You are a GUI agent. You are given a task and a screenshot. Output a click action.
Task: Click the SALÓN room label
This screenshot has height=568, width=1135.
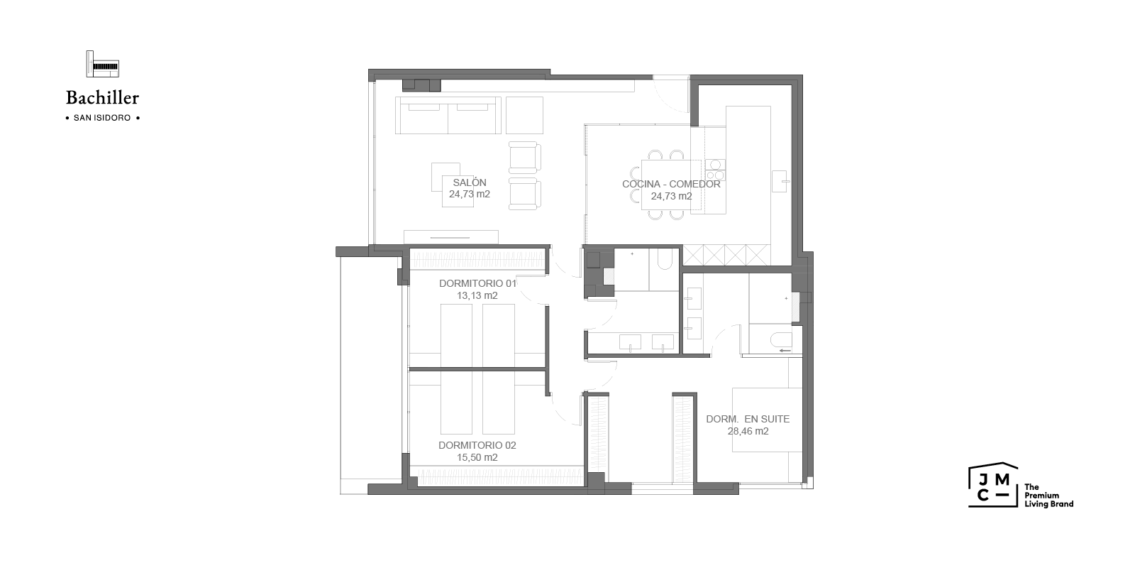tap(470, 182)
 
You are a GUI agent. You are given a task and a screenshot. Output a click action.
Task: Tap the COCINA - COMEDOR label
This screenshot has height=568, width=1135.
tap(671, 184)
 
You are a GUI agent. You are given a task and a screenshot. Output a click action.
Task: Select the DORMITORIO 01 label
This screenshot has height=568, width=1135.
tap(478, 283)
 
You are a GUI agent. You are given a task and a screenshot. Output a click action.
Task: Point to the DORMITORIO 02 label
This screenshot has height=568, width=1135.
tap(477, 445)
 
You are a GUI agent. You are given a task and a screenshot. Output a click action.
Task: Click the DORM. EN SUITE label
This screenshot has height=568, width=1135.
tap(748, 419)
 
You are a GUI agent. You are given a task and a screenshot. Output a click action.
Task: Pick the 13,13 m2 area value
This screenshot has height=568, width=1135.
tap(477, 295)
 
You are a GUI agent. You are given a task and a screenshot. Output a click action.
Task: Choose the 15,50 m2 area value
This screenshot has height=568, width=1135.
tap(477, 457)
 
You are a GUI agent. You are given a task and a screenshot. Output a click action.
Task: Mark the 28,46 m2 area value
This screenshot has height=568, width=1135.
tap(748, 431)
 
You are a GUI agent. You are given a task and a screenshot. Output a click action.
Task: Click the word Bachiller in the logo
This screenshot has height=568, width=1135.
tap(102, 97)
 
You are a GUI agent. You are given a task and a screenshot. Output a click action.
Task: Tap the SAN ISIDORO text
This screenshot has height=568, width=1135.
tap(102, 118)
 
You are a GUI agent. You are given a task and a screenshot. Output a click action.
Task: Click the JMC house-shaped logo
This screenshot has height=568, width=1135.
tap(993, 485)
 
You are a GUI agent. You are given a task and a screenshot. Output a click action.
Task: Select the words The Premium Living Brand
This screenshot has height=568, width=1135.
tap(1048, 496)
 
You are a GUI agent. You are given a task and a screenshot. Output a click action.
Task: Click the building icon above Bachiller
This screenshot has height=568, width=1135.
tap(102, 64)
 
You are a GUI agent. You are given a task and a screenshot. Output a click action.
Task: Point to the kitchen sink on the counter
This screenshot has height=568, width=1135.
tap(780, 181)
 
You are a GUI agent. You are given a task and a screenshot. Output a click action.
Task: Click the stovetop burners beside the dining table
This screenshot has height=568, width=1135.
tap(715, 170)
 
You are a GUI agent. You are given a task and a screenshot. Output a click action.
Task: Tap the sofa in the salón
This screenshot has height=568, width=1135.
tap(448, 115)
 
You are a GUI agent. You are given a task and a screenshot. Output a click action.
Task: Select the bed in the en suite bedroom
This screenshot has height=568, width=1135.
tap(767, 420)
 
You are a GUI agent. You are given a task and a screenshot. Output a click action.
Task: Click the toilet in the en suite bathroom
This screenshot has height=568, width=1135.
tap(780, 341)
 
